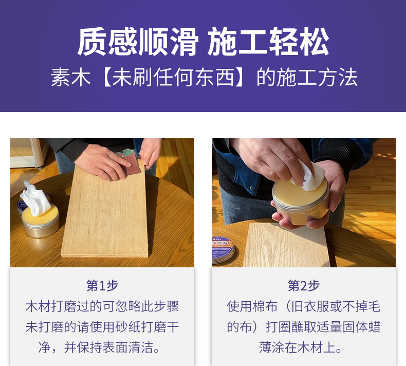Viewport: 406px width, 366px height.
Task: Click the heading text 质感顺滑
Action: (x=138, y=42)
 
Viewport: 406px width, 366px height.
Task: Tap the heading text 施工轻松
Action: (x=268, y=42)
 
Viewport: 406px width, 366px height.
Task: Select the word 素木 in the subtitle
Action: (x=70, y=77)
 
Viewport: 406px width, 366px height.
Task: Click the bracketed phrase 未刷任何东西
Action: (x=173, y=77)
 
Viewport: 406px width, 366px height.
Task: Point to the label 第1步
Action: (x=102, y=285)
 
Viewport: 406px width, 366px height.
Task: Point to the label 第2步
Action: (x=304, y=285)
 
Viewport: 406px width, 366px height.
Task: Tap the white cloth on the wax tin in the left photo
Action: (x=35, y=198)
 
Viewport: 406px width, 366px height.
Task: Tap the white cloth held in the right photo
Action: (x=308, y=175)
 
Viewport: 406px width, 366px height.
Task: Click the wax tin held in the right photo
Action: (x=301, y=202)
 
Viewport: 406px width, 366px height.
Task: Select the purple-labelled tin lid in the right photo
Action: (x=223, y=249)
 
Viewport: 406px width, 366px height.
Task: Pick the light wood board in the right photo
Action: (x=286, y=245)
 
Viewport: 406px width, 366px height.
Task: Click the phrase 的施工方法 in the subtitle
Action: (x=307, y=77)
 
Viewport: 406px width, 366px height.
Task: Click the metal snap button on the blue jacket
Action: (x=251, y=188)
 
